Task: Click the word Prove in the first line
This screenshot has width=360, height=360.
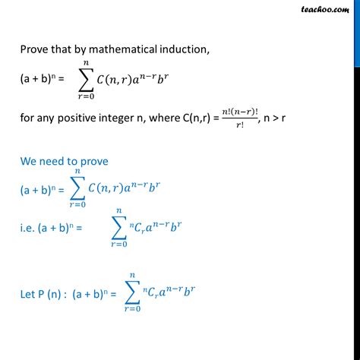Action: (35, 50)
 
